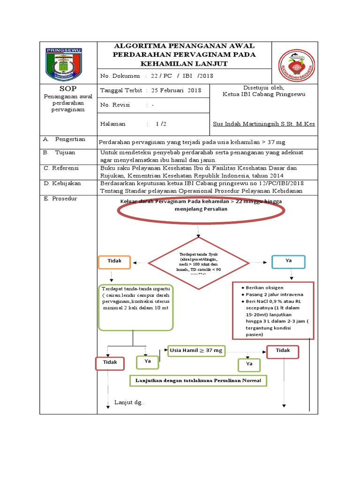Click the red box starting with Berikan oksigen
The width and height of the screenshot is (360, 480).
[x=273, y=310]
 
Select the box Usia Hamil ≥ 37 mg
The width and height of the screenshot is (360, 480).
[x=196, y=351]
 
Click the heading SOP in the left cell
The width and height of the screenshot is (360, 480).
[x=68, y=89]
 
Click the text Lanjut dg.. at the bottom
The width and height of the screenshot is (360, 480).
[x=129, y=403]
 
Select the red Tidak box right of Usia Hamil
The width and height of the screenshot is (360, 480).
[x=283, y=351]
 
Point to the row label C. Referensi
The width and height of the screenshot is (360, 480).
[x=61, y=168]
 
